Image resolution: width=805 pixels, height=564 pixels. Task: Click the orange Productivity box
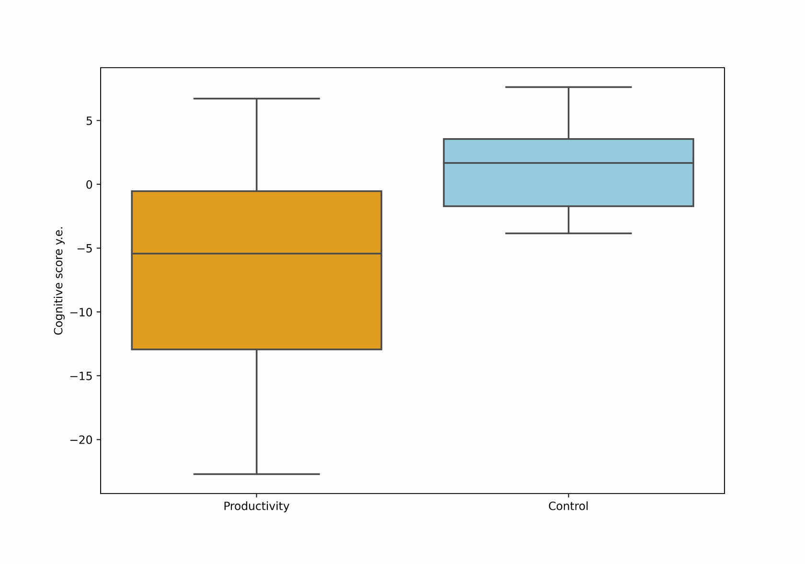click(257, 270)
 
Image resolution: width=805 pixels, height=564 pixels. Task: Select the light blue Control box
click(568, 172)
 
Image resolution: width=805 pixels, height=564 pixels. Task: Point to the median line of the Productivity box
click(257, 254)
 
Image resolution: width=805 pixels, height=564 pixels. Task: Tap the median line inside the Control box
click(568, 163)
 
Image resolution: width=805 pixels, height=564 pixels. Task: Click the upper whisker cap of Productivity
click(257, 99)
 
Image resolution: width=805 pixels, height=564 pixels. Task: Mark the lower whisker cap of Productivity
click(257, 474)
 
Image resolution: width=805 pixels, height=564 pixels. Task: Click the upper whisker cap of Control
click(568, 87)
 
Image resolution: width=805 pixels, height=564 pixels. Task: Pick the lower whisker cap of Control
click(568, 234)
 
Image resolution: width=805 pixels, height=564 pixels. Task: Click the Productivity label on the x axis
click(256, 506)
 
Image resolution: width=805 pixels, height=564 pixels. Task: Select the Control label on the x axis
click(568, 506)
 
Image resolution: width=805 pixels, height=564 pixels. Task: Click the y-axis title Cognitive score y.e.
click(58, 281)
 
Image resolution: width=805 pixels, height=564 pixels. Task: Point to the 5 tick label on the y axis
click(89, 121)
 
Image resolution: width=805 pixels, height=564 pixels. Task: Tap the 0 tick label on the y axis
click(89, 185)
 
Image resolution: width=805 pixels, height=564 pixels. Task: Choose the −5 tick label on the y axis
click(85, 248)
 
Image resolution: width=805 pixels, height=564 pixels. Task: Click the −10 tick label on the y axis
click(81, 312)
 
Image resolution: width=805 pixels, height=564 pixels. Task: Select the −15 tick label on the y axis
click(81, 376)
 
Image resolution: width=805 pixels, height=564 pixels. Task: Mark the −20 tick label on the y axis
click(81, 440)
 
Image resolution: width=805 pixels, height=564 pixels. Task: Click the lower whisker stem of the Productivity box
click(257, 412)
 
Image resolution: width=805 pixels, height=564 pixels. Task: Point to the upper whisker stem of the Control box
click(568, 113)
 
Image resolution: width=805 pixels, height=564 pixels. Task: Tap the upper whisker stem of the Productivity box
click(257, 145)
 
